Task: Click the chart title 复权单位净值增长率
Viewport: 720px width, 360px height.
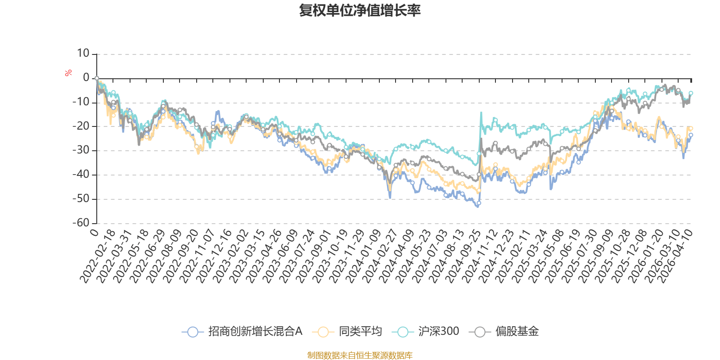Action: point(360,10)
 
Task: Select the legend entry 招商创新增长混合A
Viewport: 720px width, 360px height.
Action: point(255,332)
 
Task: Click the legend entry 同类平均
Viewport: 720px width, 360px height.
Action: point(360,332)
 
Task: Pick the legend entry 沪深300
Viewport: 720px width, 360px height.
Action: point(438,332)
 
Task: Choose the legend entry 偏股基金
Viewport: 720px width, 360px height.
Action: point(517,332)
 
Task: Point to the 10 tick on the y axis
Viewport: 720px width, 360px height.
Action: point(83,54)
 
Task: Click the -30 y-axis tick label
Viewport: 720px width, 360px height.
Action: point(81,150)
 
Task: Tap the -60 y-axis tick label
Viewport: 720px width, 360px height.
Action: point(81,223)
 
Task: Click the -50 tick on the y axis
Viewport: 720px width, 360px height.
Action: point(81,198)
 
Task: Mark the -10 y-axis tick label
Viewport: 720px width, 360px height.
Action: point(81,102)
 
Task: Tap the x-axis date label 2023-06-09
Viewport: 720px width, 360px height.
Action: point(281,256)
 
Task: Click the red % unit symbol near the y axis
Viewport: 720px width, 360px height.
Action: point(68,73)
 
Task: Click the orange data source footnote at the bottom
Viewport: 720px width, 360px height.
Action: point(360,355)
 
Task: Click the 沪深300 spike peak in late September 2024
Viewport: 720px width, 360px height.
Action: point(481,112)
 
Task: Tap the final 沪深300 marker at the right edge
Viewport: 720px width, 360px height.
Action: point(691,93)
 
